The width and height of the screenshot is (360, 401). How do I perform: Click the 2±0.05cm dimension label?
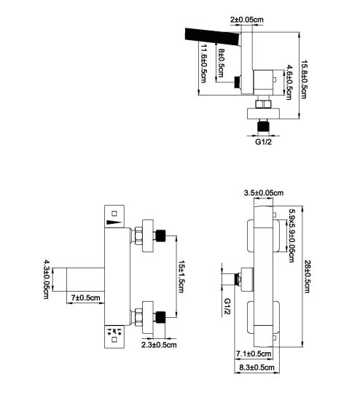(247, 20)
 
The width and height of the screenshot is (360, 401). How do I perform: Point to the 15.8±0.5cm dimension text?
(303, 79)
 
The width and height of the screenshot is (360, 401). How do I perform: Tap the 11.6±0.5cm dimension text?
(203, 63)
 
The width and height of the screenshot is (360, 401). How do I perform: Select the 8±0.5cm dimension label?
(221, 63)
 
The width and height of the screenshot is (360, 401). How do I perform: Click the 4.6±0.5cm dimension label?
(289, 82)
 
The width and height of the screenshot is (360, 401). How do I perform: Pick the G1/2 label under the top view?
(263, 141)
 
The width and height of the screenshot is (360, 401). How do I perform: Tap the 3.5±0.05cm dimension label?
(264, 192)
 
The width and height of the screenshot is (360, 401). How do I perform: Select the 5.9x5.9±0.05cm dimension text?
(291, 235)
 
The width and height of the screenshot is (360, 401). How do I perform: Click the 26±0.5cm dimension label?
(307, 277)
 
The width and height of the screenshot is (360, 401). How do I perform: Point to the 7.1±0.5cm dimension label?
(254, 354)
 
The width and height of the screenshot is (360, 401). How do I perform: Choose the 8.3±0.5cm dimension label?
(257, 367)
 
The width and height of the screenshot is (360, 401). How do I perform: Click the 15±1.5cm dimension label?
(181, 277)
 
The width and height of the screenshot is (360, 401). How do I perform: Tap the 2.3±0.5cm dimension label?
(159, 345)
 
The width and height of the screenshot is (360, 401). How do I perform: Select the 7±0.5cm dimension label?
(86, 298)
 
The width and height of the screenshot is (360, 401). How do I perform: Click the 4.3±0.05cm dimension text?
(47, 279)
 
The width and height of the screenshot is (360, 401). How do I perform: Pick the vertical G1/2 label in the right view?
(227, 307)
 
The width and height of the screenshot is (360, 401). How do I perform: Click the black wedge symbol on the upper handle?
(114, 222)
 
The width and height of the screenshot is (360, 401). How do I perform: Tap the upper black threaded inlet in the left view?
(160, 235)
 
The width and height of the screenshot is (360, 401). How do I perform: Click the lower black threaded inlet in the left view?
(160, 317)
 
